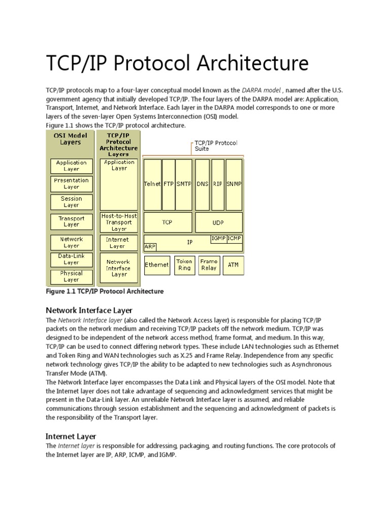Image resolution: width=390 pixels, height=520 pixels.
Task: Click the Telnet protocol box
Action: [153, 184]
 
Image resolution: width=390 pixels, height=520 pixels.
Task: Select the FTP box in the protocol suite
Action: [169, 184]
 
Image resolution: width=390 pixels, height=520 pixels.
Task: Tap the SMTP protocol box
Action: [184, 184]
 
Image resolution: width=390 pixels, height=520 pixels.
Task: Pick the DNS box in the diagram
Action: [203, 184]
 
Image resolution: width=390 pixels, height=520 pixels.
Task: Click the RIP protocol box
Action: [218, 184]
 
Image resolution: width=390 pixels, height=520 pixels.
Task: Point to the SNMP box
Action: [234, 184]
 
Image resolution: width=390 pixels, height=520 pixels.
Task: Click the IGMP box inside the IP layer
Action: [218, 238]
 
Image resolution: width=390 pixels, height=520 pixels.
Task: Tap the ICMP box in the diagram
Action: [235, 238]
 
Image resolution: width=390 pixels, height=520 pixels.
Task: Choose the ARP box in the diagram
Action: [150, 246]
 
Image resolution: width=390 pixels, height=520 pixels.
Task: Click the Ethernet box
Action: [157, 265]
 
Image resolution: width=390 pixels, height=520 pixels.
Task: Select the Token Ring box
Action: [184, 265]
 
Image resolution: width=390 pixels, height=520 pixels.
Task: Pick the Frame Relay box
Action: [209, 265]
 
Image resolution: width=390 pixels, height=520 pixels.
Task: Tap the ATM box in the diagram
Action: [233, 265]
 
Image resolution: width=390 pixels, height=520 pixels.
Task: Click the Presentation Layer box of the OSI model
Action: [72, 184]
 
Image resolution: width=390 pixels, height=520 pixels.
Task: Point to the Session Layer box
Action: [72, 202]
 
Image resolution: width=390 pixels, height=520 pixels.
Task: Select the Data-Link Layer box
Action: [72, 259]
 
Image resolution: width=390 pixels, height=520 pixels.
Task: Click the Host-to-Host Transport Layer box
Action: [119, 222]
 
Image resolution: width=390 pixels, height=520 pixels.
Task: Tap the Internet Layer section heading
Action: [71, 436]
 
